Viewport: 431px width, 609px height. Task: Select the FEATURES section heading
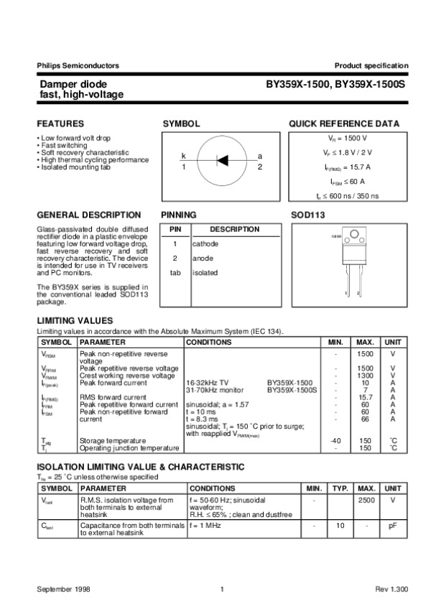[60, 124]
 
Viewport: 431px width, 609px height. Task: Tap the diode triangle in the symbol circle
[222, 160]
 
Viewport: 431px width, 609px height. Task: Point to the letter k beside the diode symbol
[184, 156]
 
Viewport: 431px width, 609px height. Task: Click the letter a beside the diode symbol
[260, 156]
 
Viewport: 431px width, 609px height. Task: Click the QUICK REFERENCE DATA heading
[344, 124]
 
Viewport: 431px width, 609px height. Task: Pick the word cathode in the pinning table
[205, 244]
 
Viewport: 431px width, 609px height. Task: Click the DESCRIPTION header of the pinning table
[235, 229]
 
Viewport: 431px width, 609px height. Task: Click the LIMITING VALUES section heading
[75, 320]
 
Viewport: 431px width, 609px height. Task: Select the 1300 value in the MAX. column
[365, 376]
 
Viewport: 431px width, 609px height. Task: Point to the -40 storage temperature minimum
[335, 440]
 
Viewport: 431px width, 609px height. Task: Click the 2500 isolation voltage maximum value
[365, 499]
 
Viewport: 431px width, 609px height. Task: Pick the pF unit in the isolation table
[393, 526]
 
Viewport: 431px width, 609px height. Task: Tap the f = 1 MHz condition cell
[208, 526]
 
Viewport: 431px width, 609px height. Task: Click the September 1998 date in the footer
[62, 590]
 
